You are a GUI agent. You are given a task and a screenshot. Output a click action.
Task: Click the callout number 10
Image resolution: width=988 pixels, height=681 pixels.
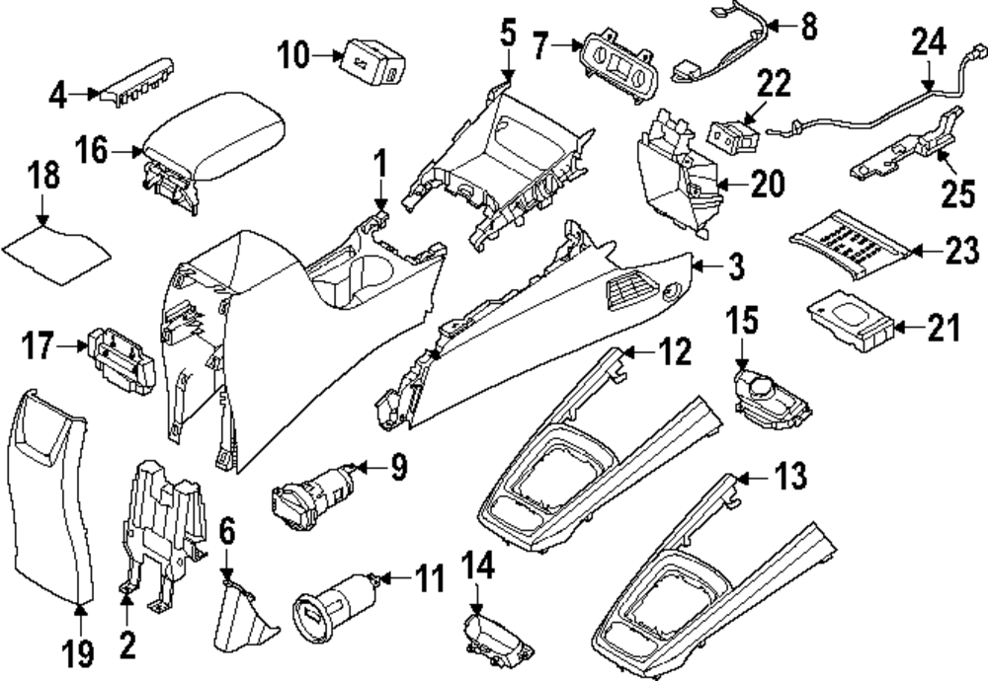tap(292, 56)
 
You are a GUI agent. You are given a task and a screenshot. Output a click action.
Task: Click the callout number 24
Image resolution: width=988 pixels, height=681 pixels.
tap(928, 43)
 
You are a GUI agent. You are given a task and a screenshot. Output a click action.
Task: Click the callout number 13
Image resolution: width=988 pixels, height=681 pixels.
tap(787, 479)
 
